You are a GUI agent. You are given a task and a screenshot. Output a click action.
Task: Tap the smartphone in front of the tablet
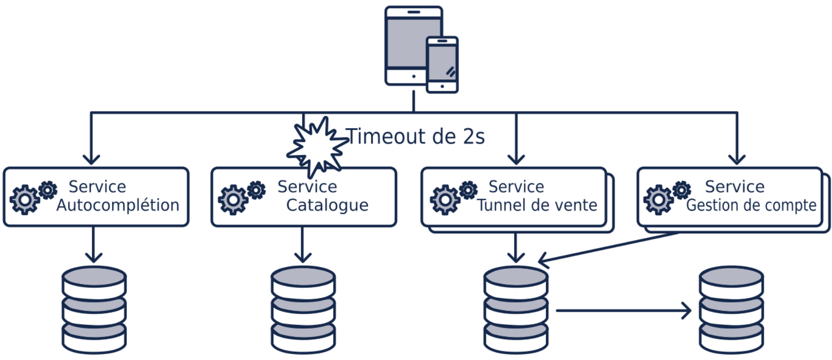442,65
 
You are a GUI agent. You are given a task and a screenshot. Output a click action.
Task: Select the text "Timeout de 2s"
415,137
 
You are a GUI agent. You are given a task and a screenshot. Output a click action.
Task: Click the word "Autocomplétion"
118,206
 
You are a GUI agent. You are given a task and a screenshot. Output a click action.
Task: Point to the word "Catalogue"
327,206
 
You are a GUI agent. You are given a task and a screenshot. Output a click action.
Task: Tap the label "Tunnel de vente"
537,206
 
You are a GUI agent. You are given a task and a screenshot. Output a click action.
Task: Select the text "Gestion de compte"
751,206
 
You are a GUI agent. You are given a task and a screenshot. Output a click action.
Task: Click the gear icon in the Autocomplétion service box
32,197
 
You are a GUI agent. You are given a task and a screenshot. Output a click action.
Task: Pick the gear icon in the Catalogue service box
241,197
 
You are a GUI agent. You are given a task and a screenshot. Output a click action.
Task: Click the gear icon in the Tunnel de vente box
453,197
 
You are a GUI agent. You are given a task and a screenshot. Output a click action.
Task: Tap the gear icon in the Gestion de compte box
666,197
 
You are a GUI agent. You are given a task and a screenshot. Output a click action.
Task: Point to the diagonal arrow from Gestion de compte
609,248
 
